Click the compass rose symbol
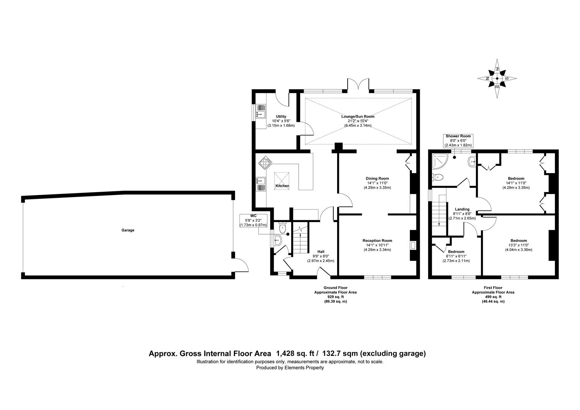pos(497,79)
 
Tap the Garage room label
pos(128,230)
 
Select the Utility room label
pos(281,117)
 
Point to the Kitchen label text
pos(282,186)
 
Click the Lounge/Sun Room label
pos(358,117)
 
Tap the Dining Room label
pos(377,178)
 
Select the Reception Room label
pos(377,240)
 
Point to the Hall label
pos(321,252)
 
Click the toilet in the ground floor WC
pos(282,228)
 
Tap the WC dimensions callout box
pos(254,221)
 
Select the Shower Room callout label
pos(458,140)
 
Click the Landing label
pos(462,209)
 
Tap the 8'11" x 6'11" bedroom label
pos(456,252)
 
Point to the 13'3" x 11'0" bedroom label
pos(518,241)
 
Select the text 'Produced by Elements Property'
pos(290,368)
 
